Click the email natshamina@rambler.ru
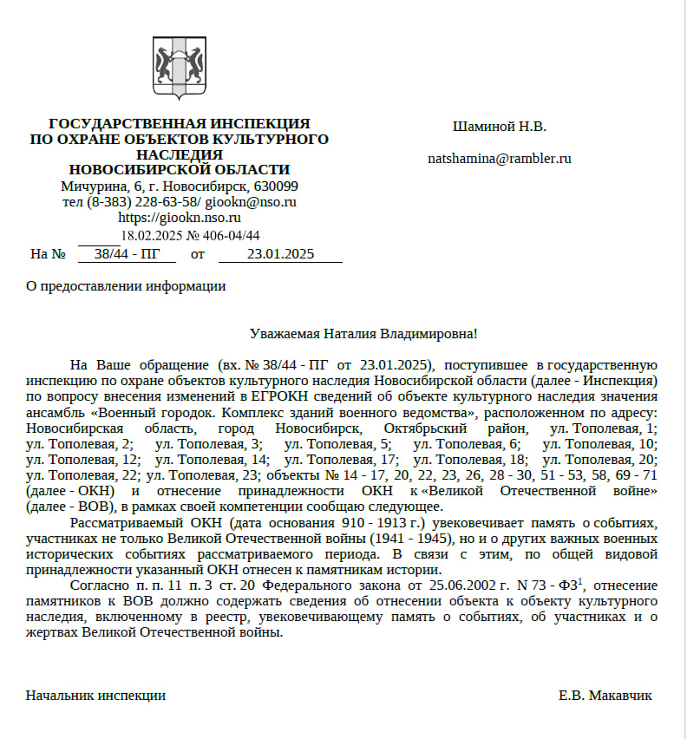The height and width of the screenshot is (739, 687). pos(499,159)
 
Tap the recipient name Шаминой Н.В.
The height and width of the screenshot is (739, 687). pos(499,127)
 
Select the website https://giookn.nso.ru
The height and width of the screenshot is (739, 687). pos(180,218)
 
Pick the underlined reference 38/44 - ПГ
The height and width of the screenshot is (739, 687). pos(127,254)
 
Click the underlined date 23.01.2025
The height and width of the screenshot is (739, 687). pos(280,254)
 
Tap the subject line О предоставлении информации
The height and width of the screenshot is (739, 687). pos(126,286)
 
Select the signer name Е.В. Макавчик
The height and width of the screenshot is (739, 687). pos(605,695)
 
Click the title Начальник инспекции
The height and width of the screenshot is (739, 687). pos(95,695)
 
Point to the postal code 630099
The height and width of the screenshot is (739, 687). pos(276,186)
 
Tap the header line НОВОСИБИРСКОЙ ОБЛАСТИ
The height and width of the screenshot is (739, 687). pos(180,170)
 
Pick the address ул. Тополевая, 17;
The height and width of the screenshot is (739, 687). pos(341,459)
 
